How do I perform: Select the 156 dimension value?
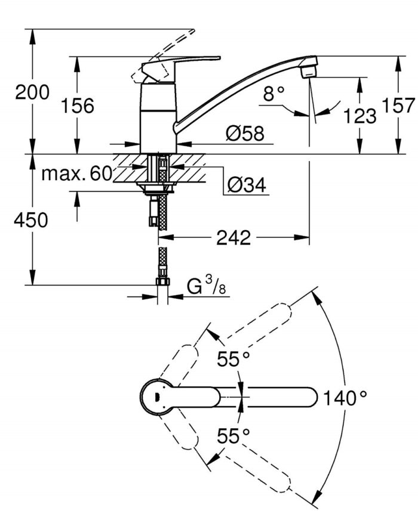click(78, 106)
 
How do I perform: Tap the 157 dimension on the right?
click(399, 106)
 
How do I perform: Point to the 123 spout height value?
click(361, 116)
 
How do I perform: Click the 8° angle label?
click(275, 93)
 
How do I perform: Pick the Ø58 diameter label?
click(245, 134)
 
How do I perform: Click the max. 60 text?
click(77, 174)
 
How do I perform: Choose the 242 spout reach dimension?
click(233, 238)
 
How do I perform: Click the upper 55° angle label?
click(233, 359)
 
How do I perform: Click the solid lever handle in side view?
click(179, 63)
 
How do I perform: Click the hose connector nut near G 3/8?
click(162, 283)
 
